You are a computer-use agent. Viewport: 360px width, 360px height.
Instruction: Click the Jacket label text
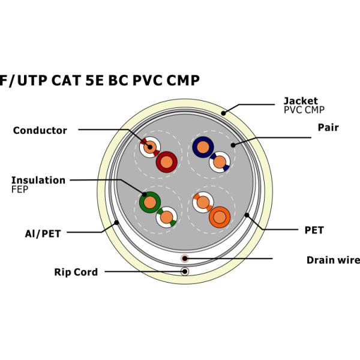[x=301, y=101]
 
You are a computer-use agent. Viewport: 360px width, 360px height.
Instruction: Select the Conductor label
[x=40, y=130]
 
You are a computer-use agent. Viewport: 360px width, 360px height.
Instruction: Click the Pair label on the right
[x=328, y=128]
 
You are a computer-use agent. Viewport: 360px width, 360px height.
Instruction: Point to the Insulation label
[x=38, y=180]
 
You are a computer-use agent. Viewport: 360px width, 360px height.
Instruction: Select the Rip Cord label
[x=76, y=272]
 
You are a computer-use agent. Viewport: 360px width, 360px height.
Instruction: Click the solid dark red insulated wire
[x=166, y=161]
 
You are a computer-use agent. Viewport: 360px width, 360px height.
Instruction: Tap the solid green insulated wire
[x=148, y=202]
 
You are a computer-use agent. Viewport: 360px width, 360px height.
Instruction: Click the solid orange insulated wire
[x=220, y=217]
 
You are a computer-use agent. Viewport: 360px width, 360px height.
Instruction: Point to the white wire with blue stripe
[x=219, y=162]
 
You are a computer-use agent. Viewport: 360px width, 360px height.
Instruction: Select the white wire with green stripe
[x=166, y=217]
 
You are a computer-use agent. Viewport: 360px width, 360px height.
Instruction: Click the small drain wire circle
[x=185, y=259]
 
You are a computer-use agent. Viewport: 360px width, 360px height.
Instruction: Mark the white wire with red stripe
[x=149, y=146]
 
